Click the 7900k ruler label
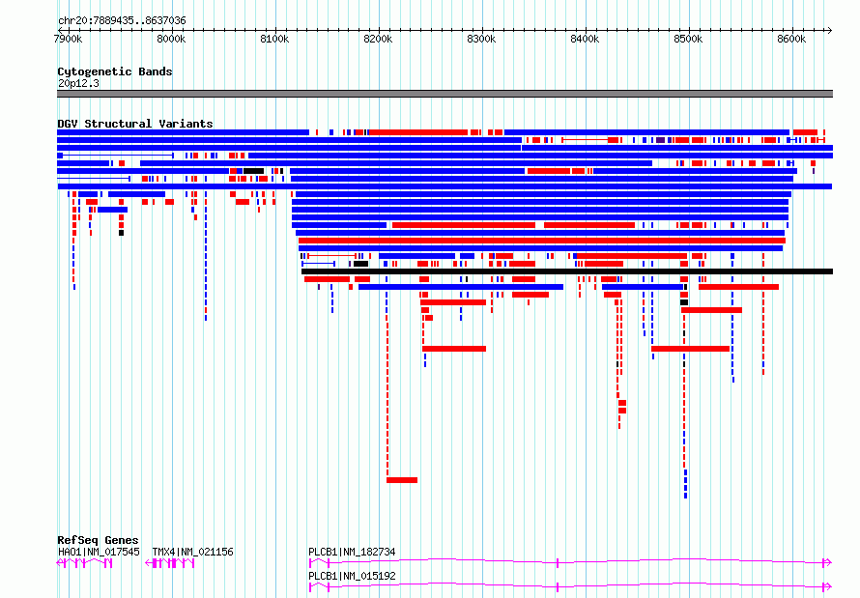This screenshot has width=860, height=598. pyautogui.click(x=69, y=39)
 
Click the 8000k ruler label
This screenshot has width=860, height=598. pyautogui.click(x=172, y=39)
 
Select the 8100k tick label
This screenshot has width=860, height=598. pyautogui.click(x=274, y=39)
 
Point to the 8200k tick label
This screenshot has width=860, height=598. pyautogui.click(x=378, y=39)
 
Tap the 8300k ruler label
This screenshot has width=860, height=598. pyautogui.click(x=481, y=39)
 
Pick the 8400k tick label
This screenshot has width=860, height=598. pyautogui.click(x=585, y=39)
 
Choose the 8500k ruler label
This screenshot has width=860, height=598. pyautogui.click(x=688, y=39)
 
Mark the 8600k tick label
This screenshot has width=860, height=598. pyautogui.click(x=791, y=39)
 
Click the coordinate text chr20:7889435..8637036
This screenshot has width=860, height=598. pyautogui.click(x=122, y=21)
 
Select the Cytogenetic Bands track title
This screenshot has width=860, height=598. pyautogui.click(x=115, y=71)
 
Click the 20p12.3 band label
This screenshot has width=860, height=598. pyautogui.click(x=78, y=83)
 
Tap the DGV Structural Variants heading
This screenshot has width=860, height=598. pyautogui.click(x=135, y=124)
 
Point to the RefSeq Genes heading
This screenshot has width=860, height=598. pyautogui.click(x=98, y=540)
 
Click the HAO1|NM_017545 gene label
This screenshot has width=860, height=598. pyautogui.click(x=99, y=552)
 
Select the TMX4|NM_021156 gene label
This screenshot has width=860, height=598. pyautogui.click(x=192, y=552)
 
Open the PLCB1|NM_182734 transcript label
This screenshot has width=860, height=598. pyautogui.click(x=352, y=552)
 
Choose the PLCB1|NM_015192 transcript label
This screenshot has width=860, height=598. pyautogui.click(x=352, y=576)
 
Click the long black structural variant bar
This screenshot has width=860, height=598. pyautogui.click(x=567, y=271)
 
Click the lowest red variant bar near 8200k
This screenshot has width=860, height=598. pyautogui.click(x=402, y=480)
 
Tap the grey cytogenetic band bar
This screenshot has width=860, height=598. pyautogui.click(x=444, y=94)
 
